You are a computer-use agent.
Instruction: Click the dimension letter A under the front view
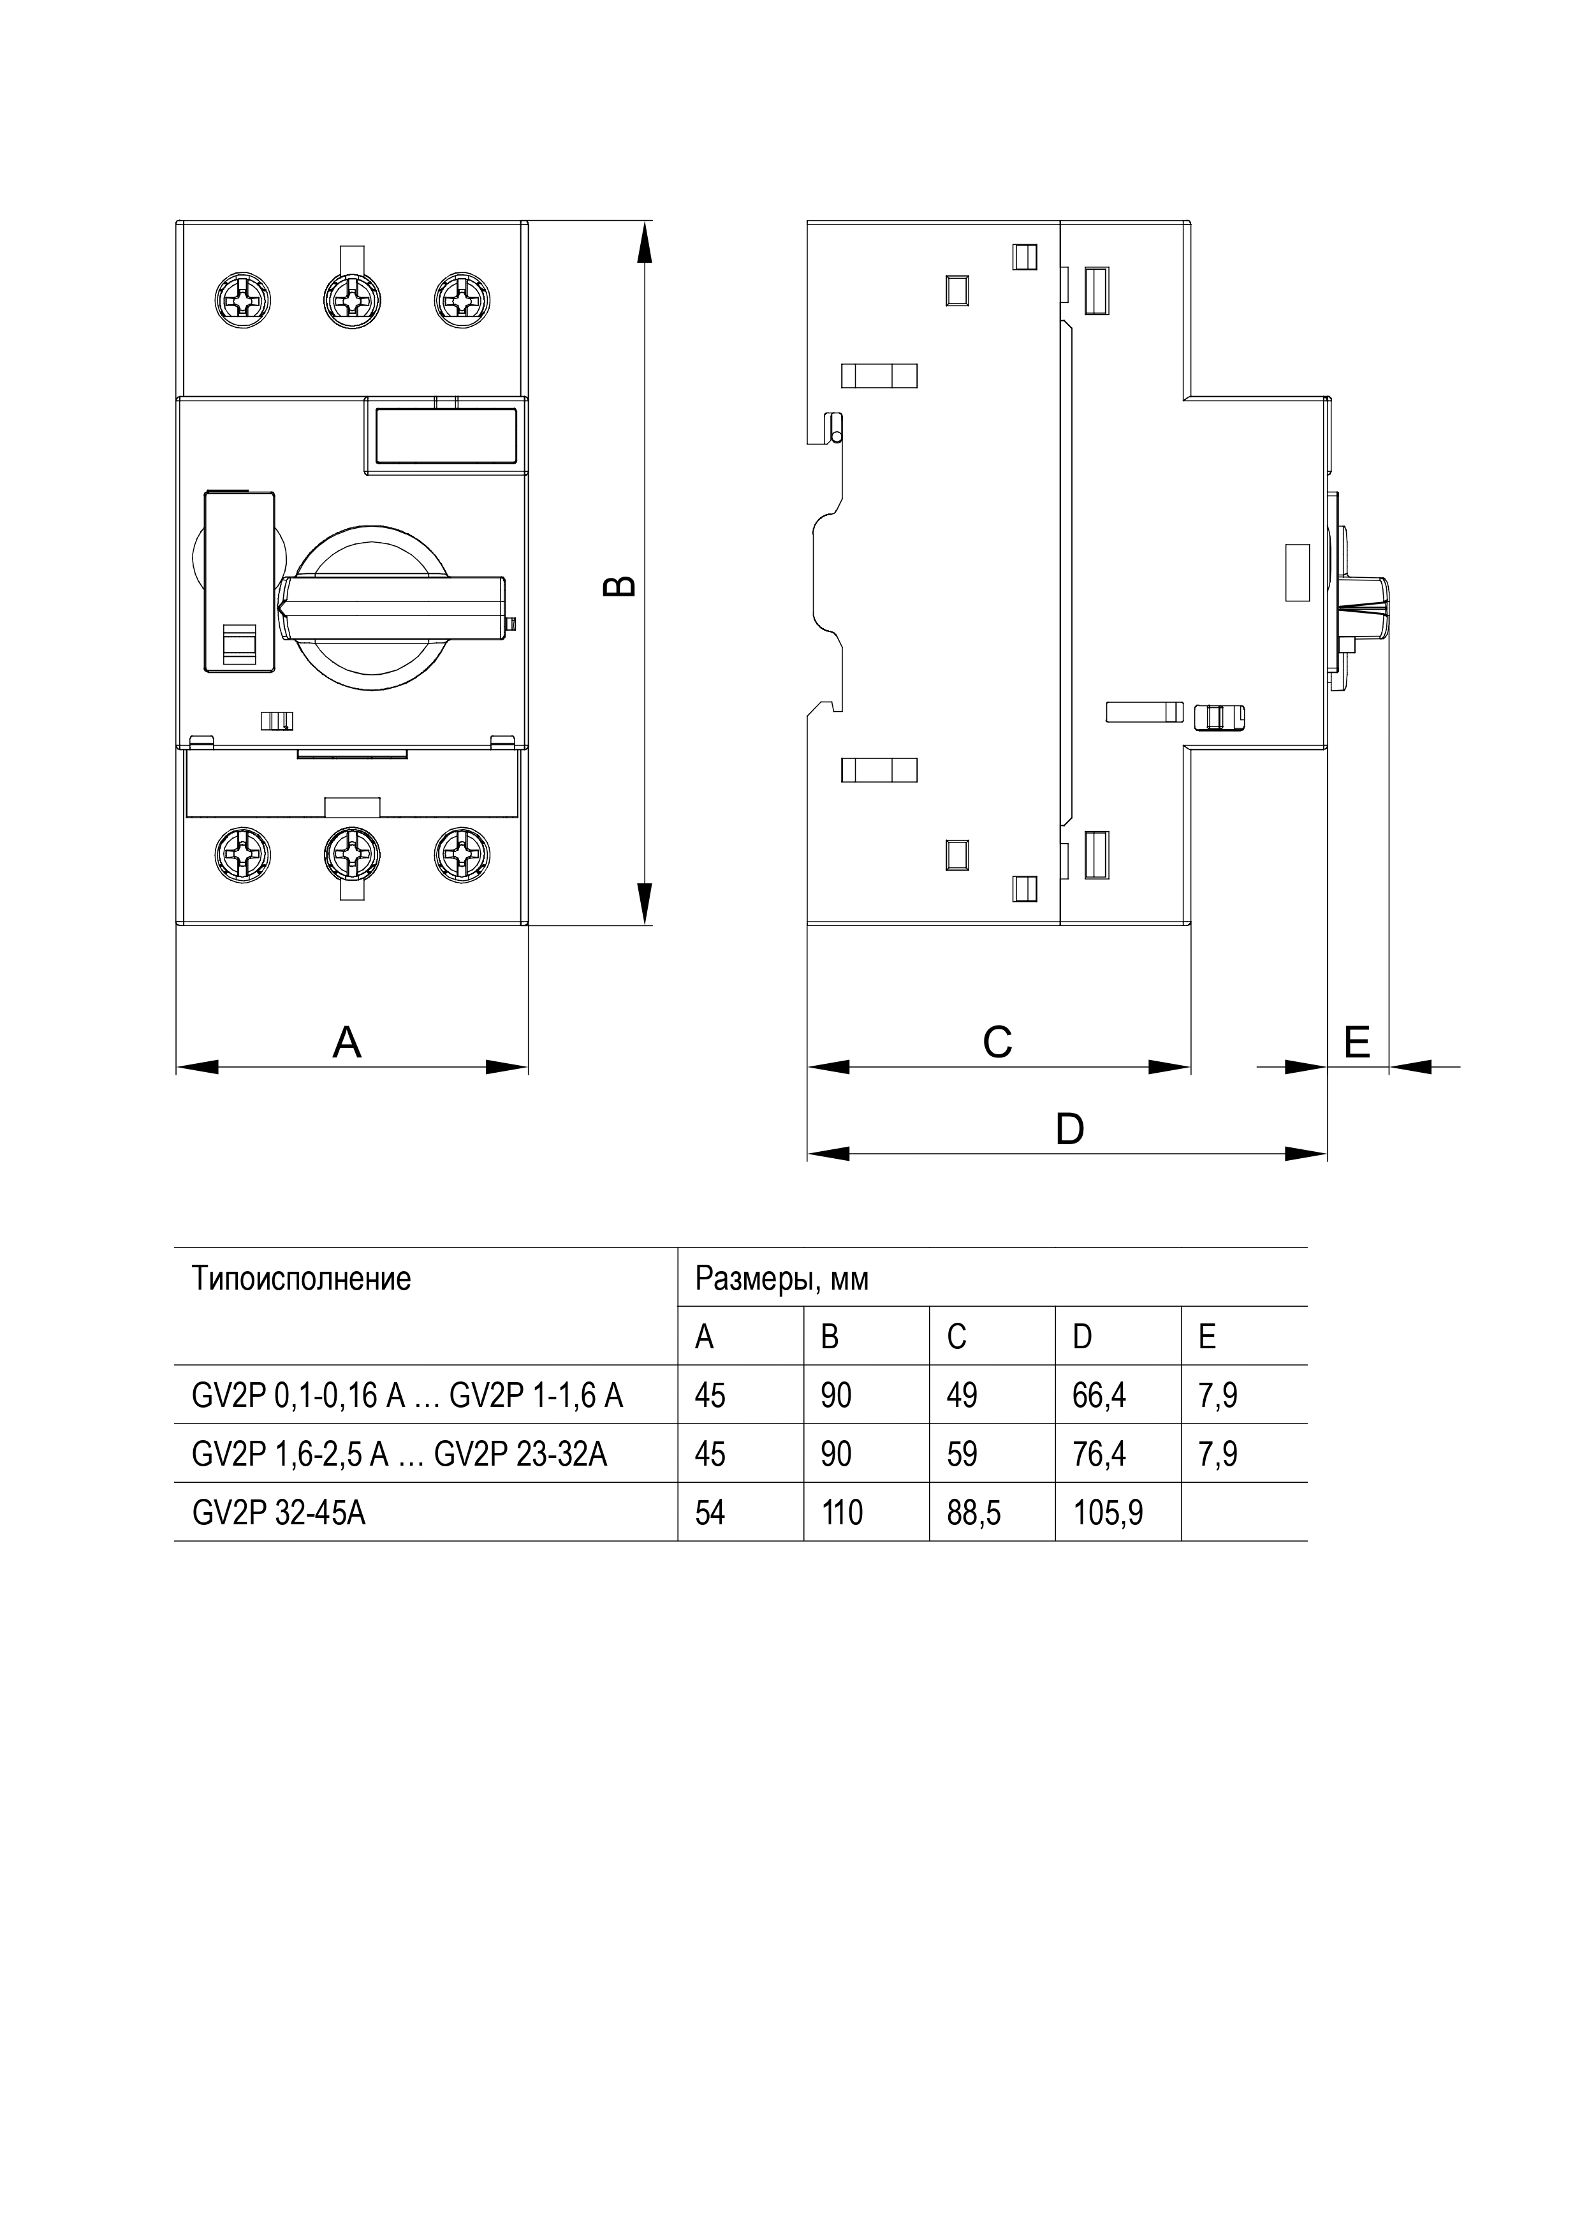(x=347, y=1043)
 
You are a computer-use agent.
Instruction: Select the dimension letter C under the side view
(x=997, y=1043)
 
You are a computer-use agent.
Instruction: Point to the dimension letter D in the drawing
(x=1069, y=1130)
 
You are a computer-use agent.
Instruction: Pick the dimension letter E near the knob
(x=1357, y=1043)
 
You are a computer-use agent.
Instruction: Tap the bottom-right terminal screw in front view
(x=462, y=855)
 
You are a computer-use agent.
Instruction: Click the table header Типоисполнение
(x=301, y=1279)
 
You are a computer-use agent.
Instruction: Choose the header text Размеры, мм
(x=782, y=1279)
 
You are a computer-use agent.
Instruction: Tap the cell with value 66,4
(x=1099, y=1396)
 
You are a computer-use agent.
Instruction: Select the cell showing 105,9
(x=1108, y=1513)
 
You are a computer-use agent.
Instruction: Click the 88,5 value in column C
(x=974, y=1513)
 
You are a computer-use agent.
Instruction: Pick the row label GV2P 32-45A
(x=279, y=1513)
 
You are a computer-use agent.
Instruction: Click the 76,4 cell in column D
(x=1099, y=1454)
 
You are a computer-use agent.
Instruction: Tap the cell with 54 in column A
(x=710, y=1513)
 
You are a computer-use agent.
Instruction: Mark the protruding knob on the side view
(x=1365, y=607)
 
